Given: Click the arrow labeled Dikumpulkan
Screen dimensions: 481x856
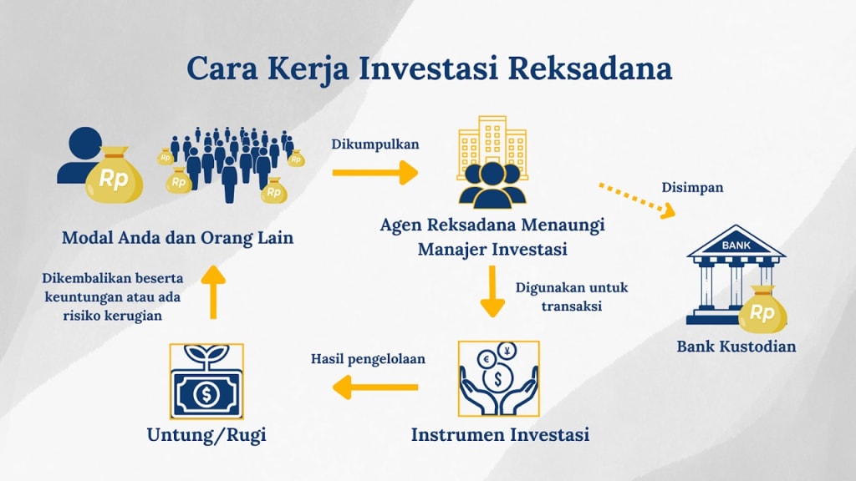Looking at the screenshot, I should point(374,173).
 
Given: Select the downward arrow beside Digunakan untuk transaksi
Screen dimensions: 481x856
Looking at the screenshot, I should point(492,291).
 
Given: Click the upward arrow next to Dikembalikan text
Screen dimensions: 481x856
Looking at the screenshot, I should point(212,291).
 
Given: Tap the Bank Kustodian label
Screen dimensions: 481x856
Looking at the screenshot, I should point(736,346).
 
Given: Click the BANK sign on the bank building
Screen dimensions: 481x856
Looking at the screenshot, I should point(736,246).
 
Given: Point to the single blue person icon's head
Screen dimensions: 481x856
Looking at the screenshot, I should point(86,142).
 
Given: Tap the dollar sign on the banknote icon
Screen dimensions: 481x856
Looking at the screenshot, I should point(206,394).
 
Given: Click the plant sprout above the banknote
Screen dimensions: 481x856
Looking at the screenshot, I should point(206,354).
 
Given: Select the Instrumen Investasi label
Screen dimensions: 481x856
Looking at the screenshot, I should point(500,435).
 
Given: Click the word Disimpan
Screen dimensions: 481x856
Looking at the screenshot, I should point(692,188).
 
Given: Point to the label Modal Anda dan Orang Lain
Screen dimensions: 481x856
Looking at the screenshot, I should point(178,237).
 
